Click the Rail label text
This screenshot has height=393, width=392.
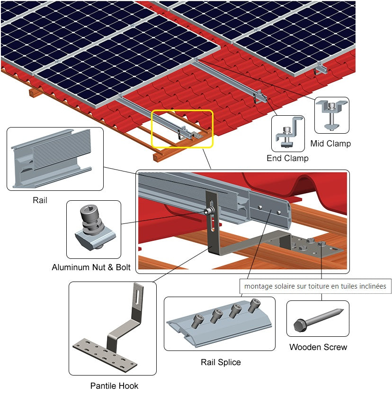click(x=40, y=200)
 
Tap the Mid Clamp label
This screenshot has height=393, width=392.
click(x=330, y=143)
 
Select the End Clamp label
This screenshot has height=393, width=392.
click(x=287, y=158)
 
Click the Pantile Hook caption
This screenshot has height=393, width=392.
click(x=114, y=385)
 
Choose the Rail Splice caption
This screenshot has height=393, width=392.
click(x=221, y=362)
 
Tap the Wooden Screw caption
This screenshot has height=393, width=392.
click(x=318, y=347)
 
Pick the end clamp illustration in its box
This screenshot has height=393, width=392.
click(x=288, y=133)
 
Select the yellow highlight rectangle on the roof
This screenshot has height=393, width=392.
click(x=182, y=128)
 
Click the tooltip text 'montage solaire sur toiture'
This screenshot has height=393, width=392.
click(x=315, y=286)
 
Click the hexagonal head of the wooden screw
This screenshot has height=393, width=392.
click(x=300, y=325)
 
